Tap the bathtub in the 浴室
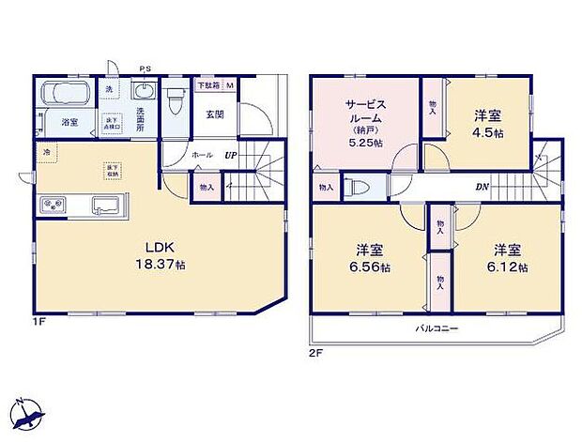point(65,95)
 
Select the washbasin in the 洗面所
point(145,92)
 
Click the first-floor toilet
point(176,100)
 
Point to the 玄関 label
point(214,114)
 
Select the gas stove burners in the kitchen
point(53,205)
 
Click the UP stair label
point(230,154)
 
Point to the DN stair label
point(481,187)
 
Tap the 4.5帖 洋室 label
point(487,124)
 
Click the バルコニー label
point(437,328)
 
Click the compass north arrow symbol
point(28,414)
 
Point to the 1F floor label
point(39,321)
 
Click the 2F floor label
point(317,354)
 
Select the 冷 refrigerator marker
point(44,151)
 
